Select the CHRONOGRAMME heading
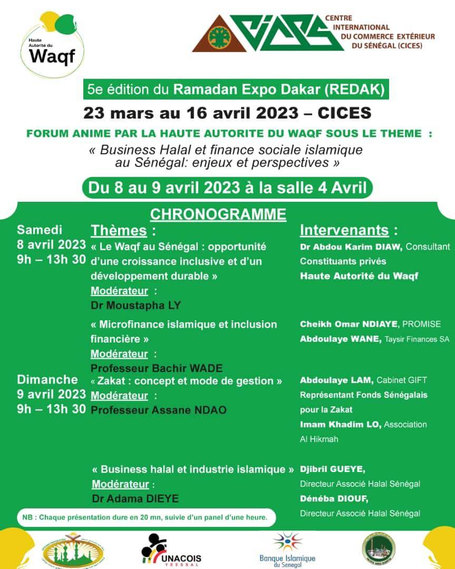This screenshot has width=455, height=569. click(x=218, y=214)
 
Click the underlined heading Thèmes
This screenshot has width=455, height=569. click(x=119, y=231)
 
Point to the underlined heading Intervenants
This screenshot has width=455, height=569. click(x=345, y=231)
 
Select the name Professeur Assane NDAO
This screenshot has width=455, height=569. click(x=159, y=409)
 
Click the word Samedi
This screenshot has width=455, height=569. click(x=40, y=230)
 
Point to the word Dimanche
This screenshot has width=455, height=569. click(x=47, y=379)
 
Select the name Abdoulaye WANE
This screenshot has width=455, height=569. click(x=341, y=339)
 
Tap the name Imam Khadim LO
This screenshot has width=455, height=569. click(x=341, y=424)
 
